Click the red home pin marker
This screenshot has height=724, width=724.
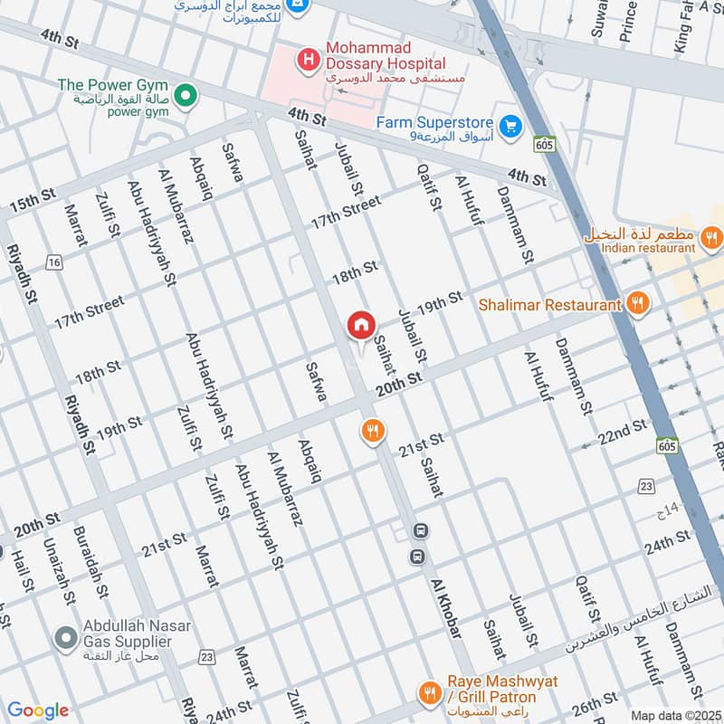point(361,325)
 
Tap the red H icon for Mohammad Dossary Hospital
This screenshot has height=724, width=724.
point(309,62)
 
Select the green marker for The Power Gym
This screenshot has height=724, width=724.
point(186,94)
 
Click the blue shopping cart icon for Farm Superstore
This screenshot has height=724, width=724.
point(511,125)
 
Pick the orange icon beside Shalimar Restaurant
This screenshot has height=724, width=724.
point(638,304)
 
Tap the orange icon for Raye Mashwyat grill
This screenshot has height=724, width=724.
point(429,692)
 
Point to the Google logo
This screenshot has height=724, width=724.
point(37,710)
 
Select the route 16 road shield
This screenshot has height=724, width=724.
point(55,262)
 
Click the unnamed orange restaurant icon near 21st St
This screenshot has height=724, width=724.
point(372,430)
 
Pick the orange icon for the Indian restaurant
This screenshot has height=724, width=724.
point(711,238)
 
